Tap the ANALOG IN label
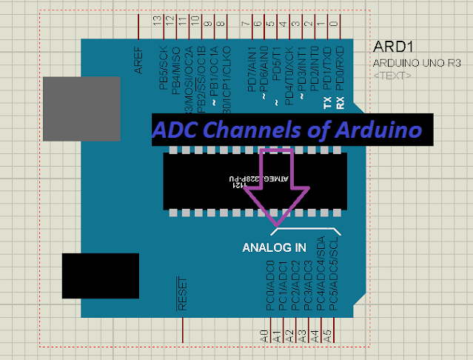tap(273, 247)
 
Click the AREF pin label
tap(138, 64)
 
